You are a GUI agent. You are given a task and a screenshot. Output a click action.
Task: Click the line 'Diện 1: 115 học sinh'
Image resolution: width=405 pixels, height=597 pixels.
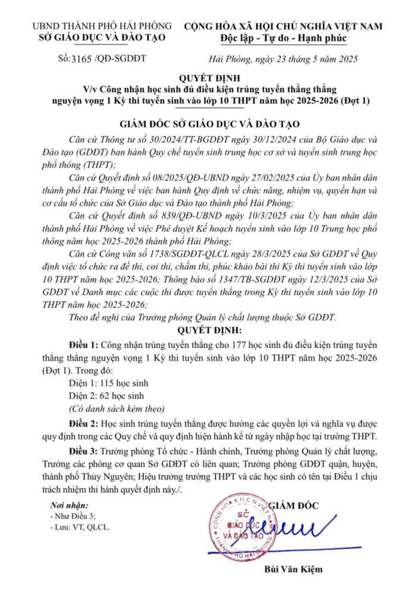tap(109, 383)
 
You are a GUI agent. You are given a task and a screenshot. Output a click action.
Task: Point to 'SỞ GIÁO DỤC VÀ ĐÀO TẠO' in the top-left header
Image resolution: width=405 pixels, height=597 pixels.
tap(98, 39)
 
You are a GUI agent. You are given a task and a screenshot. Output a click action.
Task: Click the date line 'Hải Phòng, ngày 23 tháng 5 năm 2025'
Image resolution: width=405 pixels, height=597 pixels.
tap(284, 59)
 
